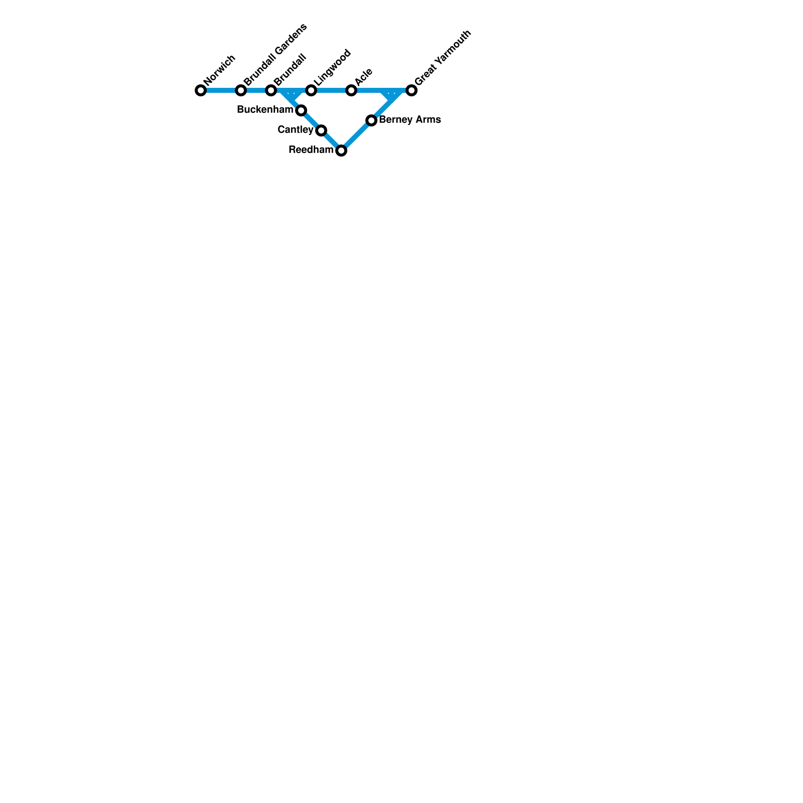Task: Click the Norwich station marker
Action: pyautogui.click(x=201, y=90)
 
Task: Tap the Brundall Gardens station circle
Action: pyautogui.click(x=241, y=90)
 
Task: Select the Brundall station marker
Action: pyautogui.click(x=271, y=90)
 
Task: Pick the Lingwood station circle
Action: pyautogui.click(x=311, y=90)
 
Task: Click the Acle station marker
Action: pyautogui.click(x=351, y=90)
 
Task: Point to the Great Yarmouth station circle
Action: pyautogui.click(x=412, y=90)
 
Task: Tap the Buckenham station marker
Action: pyautogui.click(x=301, y=110)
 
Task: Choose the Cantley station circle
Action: pyautogui.click(x=321, y=130)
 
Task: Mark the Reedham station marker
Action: pyautogui.click(x=341, y=151)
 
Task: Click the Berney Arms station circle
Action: pyautogui.click(x=371, y=120)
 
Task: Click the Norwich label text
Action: pyautogui.click(x=220, y=69)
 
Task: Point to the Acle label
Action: pyautogui.click(x=363, y=76)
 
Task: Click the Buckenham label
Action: pyautogui.click(x=264, y=110)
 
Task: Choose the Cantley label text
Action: pyautogui.click(x=295, y=130)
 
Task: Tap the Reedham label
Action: pyautogui.click(x=311, y=150)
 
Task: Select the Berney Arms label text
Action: pyautogui.click(x=410, y=120)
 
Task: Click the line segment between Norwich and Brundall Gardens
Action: pyautogui.click(x=221, y=90)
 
